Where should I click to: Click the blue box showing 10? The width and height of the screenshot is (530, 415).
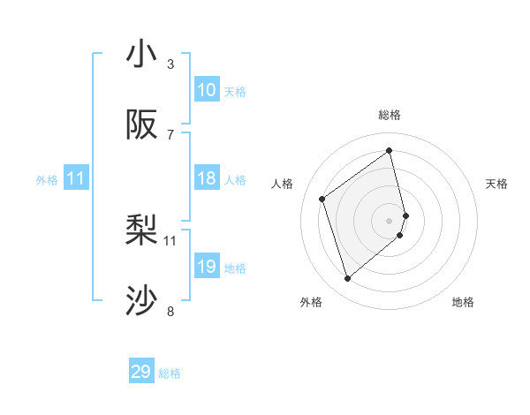point(207,90)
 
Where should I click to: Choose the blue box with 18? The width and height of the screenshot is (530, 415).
point(207,178)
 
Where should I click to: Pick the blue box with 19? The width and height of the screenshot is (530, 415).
point(207,267)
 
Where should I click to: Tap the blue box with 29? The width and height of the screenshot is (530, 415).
point(141,372)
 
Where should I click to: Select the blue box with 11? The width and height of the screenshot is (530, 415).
point(76,178)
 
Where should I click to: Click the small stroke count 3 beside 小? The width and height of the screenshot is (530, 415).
point(170,64)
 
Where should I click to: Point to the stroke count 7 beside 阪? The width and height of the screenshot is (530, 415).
point(170,134)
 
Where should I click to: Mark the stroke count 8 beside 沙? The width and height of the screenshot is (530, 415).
point(170,311)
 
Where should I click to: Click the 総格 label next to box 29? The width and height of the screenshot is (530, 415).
point(170,373)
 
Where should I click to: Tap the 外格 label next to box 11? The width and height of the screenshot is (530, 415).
point(47,179)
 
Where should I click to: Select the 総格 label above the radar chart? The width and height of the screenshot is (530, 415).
point(390,115)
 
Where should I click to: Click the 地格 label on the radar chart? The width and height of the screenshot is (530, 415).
point(463,303)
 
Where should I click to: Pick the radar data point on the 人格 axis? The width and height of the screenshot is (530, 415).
point(322,199)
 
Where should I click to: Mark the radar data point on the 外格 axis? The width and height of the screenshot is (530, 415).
point(347,279)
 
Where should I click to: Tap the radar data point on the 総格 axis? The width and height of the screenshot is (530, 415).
point(390,150)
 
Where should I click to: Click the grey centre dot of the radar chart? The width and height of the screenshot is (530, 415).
point(390,220)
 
